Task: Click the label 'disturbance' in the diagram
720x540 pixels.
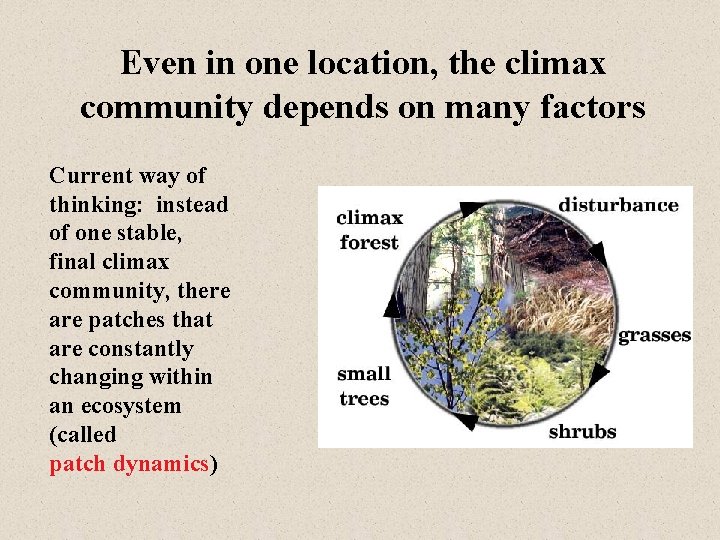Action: click(618, 205)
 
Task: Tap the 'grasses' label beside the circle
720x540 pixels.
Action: click(654, 335)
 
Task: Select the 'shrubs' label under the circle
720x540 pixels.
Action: click(582, 432)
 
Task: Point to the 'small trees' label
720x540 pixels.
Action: click(364, 385)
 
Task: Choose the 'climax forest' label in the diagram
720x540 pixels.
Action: click(369, 229)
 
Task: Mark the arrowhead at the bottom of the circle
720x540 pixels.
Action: click(465, 421)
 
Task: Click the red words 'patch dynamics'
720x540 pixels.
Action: click(130, 464)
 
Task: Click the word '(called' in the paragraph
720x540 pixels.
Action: click(83, 435)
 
